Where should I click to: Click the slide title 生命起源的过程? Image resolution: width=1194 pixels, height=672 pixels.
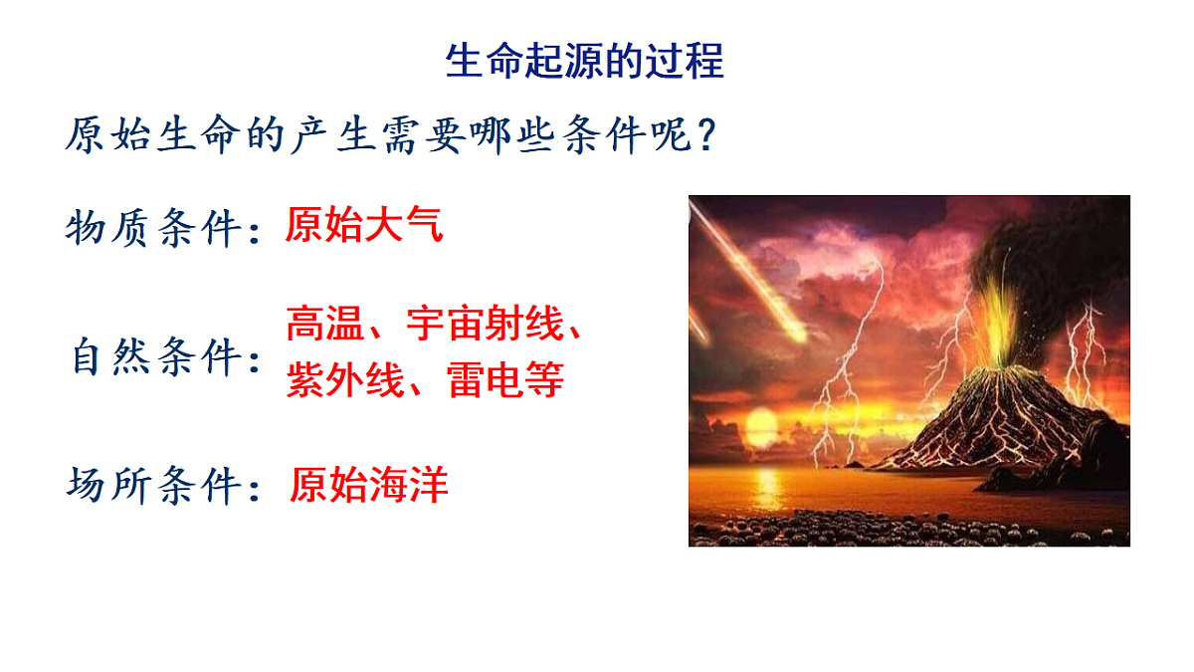(x=584, y=62)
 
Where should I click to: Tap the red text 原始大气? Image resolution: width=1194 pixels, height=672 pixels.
(x=363, y=226)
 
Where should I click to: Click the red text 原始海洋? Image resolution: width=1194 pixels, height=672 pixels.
(x=369, y=484)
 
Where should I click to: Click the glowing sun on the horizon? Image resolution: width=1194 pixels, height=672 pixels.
(x=760, y=429)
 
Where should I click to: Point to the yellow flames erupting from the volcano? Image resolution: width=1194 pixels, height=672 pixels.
(x=998, y=314)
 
